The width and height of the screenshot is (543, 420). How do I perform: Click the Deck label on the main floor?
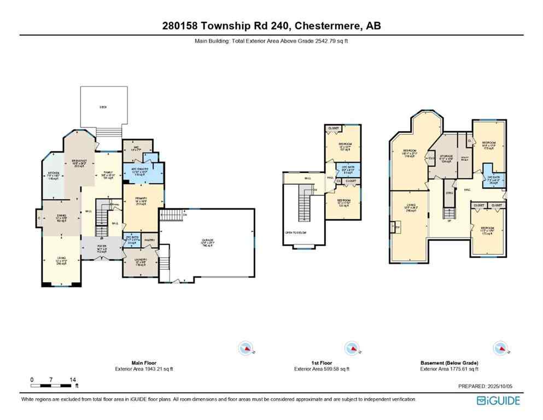coord(103,107)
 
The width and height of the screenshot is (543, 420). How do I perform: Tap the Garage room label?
coord(206,241)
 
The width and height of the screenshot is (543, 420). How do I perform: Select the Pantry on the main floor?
coord(150,239)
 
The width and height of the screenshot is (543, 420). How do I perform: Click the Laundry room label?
coord(141,261)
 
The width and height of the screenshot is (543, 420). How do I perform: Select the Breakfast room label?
coord(80,162)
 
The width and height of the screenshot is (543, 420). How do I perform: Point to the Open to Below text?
coord(294,232)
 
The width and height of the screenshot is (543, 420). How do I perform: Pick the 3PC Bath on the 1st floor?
coord(348,169)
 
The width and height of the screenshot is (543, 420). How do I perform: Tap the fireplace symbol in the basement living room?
coord(398,227)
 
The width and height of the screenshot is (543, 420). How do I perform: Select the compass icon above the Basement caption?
coord(499,348)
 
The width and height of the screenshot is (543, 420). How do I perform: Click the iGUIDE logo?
coord(498,400)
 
